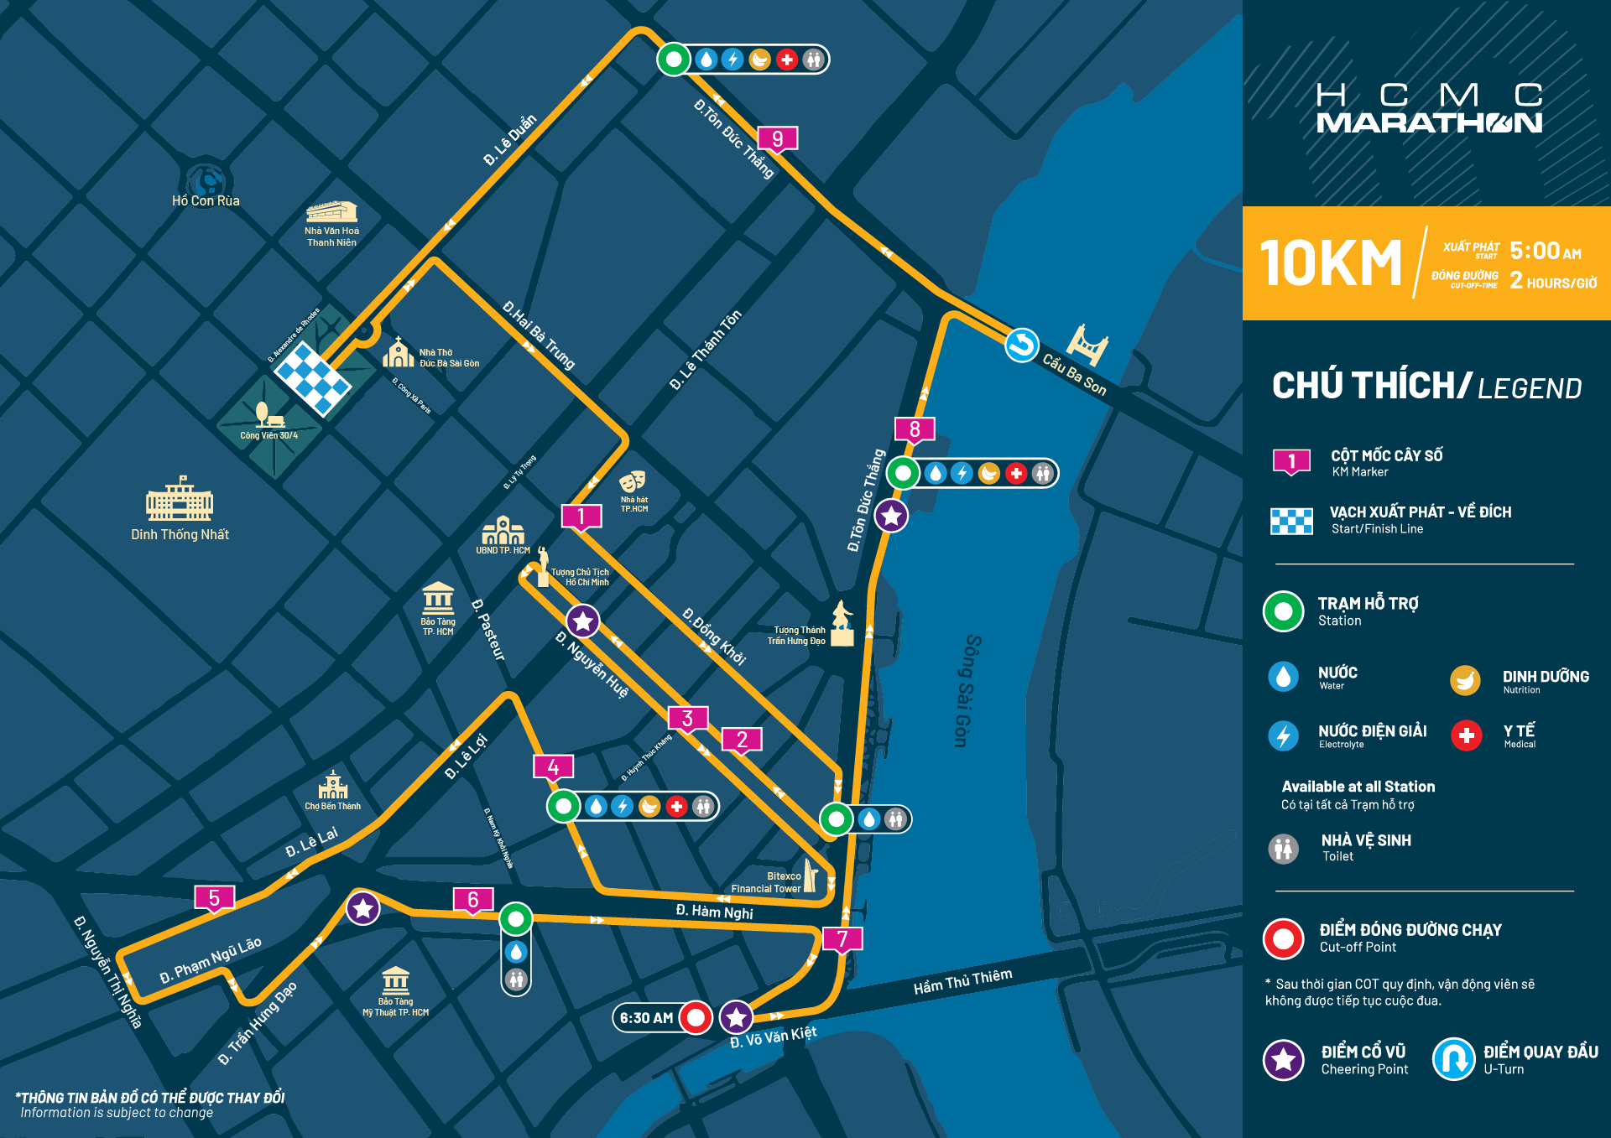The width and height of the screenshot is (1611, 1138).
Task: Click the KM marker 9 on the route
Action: pyautogui.click(x=777, y=138)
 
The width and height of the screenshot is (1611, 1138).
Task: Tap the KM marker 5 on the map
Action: pyautogui.click(x=214, y=898)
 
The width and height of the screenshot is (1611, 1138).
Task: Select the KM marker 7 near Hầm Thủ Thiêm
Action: pyautogui.click(x=842, y=938)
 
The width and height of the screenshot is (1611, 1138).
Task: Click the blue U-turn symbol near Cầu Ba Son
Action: pyautogui.click(x=1021, y=345)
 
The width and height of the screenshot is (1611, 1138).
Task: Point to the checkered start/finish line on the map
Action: pyautogui.click(x=313, y=378)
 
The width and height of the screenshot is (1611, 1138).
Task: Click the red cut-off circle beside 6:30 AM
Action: pyautogui.click(x=696, y=1017)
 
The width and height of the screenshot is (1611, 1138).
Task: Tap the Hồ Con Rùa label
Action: pyautogui.click(x=206, y=201)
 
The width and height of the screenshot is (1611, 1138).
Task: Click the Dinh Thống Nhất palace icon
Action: pyautogui.click(x=180, y=501)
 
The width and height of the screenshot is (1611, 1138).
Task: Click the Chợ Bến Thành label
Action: pyautogui.click(x=332, y=806)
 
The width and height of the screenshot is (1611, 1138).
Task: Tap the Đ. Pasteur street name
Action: pyautogui.click(x=489, y=630)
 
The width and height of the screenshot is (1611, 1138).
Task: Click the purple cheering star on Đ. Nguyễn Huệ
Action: pyautogui.click(x=582, y=621)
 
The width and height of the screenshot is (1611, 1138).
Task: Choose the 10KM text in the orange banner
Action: pyautogui.click(x=1330, y=263)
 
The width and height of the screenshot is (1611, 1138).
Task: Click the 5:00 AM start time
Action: pyautogui.click(x=1545, y=251)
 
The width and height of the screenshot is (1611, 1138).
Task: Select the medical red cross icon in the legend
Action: pyautogui.click(x=1466, y=735)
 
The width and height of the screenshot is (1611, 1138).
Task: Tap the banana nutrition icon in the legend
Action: pyautogui.click(x=1465, y=680)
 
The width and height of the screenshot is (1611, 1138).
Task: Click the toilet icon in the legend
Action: pyautogui.click(x=1283, y=848)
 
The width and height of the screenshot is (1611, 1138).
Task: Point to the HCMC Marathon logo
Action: pyautogui.click(x=1429, y=108)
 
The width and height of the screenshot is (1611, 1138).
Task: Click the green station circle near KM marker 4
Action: pyautogui.click(x=563, y=807)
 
